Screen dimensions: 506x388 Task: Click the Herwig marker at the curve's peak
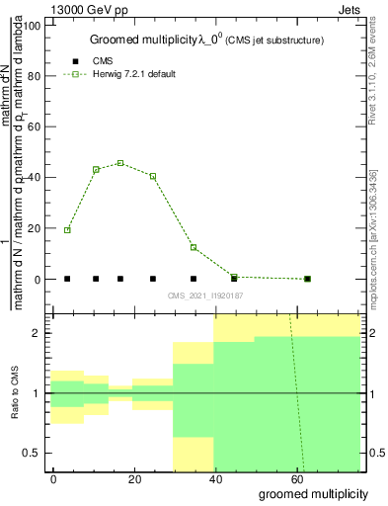point(120,163)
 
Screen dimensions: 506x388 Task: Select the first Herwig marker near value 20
point(67,230)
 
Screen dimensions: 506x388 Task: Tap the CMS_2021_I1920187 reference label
point(204,295)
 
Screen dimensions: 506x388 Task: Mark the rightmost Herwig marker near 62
point(307,279)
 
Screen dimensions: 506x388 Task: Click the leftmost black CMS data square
point(67,279)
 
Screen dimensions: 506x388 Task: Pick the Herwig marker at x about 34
point(194,247)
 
